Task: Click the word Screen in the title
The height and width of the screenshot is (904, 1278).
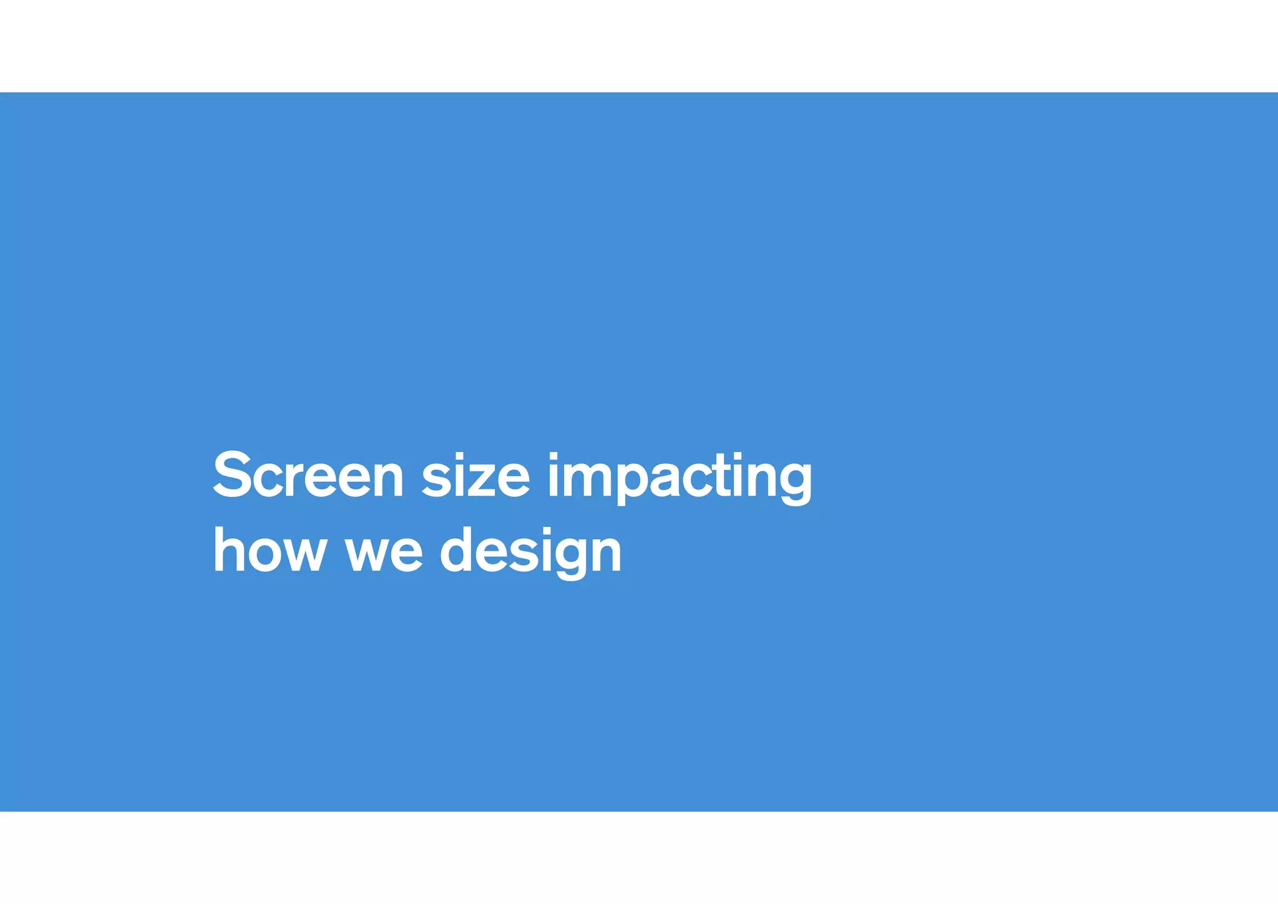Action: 308,476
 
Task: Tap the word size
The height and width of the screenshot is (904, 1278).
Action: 476,476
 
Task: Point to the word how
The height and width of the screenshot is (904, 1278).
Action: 270,551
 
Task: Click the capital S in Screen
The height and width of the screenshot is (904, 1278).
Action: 232,475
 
